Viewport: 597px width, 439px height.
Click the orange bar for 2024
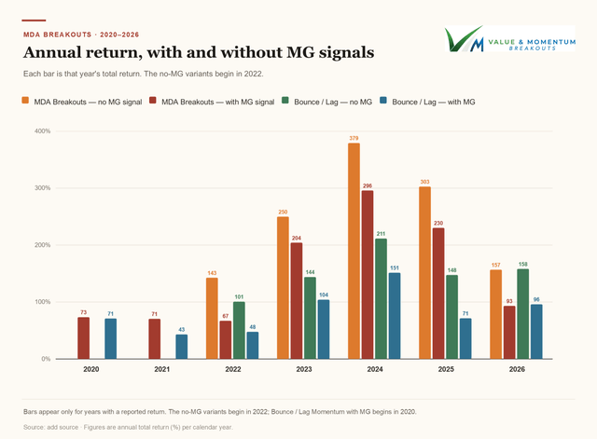click(x=354, y=251)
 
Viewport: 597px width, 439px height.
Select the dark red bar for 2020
click(x=83, y=338)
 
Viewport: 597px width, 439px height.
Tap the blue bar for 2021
click(x=182, y=347)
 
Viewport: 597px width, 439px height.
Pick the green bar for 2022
click(x=239, y=330)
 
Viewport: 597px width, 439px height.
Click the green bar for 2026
click(x=522, y=314)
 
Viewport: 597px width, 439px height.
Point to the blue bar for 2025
click(x=465, y=338)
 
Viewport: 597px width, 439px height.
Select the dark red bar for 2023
click(x=297, y=301)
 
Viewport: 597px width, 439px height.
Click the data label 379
click(x=354, y=138)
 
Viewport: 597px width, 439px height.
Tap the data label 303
click(x=425, y=182)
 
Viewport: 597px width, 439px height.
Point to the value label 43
click(x=182, y=329)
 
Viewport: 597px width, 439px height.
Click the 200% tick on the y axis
click(x=43, y=245)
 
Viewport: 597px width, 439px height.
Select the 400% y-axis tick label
click(x=43, y=131)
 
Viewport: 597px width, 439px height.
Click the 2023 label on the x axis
click(x=304, y=369)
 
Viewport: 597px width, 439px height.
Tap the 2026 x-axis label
click(x=517, y=369)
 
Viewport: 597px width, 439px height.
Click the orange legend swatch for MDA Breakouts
click(x=25, y=101)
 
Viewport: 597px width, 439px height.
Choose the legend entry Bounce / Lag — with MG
click(x=427, y=102)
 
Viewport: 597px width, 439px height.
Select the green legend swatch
click(x=285, y=101)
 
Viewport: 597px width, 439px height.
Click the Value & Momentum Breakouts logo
click(x=510, y=39)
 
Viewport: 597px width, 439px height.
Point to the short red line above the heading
click(x=34, y=21)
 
